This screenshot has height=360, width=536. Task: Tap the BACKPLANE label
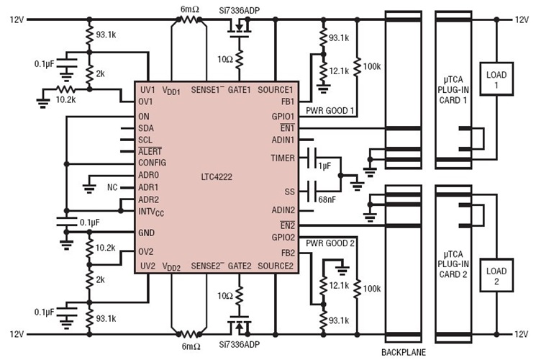(x=404, y=352)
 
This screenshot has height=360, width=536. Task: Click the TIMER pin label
(x=282, y=157)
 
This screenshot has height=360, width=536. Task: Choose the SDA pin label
(x=146, y=127)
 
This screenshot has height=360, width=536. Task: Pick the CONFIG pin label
(x=152, y=163)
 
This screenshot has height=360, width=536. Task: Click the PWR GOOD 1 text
(x=330, y=112)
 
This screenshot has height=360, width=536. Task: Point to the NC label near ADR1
(x=112, y=187)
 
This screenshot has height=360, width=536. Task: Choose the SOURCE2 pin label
(x=276, y=266)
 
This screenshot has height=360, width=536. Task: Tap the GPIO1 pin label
(x=281, y=115)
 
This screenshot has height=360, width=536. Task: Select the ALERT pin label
(x=150, y=151)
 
